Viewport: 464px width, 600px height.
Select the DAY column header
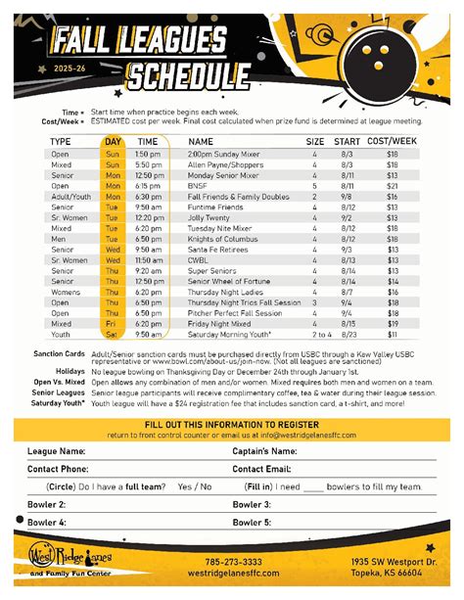coord(114,142)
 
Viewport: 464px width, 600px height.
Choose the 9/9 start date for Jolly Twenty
coord(349,217)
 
